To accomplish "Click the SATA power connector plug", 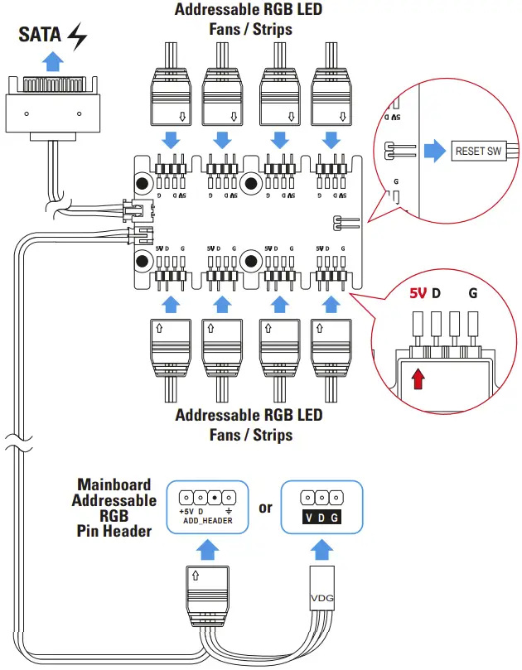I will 54,107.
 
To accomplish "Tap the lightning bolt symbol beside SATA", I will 77,38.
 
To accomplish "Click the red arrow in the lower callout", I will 418,378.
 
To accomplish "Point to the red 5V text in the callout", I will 419,293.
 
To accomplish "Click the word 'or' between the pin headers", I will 265,508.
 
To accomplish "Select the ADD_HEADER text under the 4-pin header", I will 206,521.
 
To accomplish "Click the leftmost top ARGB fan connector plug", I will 173,99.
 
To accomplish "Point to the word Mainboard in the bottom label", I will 114,484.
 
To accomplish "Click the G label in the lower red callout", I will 472,293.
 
